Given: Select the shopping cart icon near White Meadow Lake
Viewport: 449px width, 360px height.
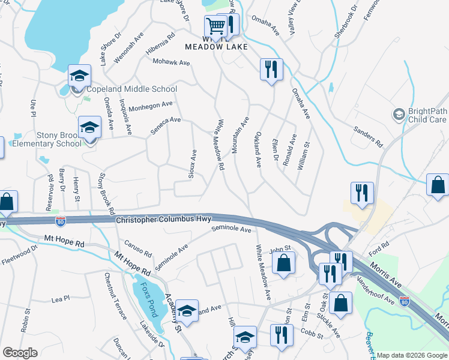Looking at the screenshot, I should pyautogui.click(x=215, y=26).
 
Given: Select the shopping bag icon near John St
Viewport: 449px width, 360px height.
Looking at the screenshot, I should pyautogui.click(x=283, y=263).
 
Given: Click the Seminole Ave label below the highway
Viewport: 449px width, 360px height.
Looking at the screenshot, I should pyautogui.click(x=231, y=229).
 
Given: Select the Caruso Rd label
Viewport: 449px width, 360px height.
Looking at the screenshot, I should pyautogui.click(x=136, y=247).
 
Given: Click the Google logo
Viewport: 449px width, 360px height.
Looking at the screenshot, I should pyautogui.click(x=20, y=353).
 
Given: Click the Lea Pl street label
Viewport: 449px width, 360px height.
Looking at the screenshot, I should pyautogui.click(x=61, y=298).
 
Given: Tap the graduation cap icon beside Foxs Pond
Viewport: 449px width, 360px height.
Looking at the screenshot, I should pyautogui.click(x=187, y=311).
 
